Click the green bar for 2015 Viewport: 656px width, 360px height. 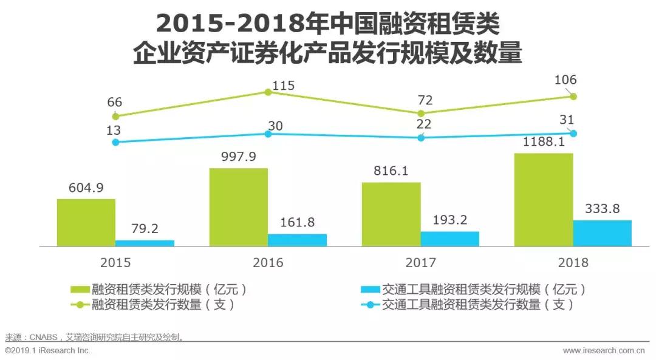pyautogui.click(x=86, y=222)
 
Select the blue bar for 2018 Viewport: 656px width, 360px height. pyautogui.click(x=602, y=233)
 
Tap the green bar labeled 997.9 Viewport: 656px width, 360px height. pyautogui.click(x=239, y=207)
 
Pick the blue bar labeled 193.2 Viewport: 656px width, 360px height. pyautogui.click(x=449, y=239)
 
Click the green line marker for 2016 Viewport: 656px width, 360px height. pyautogui.click(x=267, y=92)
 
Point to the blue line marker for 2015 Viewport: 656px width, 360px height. pyautogui.click(x=115, y=142)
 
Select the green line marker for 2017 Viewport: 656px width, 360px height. pyautogui.click(x=420, y=114)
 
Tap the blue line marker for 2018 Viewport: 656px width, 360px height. pyautogui.click(x=572, y=133)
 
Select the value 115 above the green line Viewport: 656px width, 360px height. pyautogui.click(x=282, y=86)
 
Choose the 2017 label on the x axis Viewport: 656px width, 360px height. pyautogui.click(x=420, y=263)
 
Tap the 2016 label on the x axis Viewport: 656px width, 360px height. pyautogui.click(x=268, y=263)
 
